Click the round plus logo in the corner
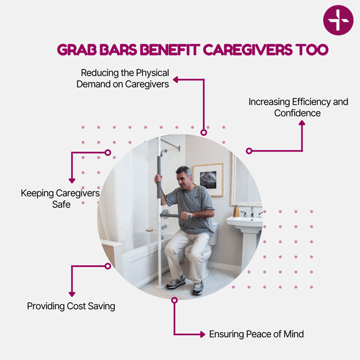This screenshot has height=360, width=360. tap(338, 20)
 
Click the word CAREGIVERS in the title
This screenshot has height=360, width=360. tap(248, 50)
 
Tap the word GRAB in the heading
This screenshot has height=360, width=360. tap(77, 50)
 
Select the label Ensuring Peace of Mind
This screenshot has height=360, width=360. tap(257, 334)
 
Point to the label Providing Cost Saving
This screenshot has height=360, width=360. tap(71, 306)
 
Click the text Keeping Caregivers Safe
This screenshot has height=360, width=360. tap(61, 199)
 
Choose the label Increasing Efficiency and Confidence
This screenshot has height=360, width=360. tap(298, 107)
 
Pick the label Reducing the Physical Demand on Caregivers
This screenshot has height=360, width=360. tap(123, 78)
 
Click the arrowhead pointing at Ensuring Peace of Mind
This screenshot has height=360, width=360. tap(203, 334)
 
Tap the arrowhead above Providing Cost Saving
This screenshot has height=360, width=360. tap(72, 294)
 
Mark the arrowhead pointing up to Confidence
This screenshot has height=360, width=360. tap(302, 123)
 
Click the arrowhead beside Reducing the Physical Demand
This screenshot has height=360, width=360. tap(176, 80)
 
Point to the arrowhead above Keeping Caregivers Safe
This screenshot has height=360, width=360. tap(72, 181)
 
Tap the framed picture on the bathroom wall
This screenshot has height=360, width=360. tap(208, 180)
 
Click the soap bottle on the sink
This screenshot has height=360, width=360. tap(236, 211)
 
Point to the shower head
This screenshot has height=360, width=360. tap(163, 152)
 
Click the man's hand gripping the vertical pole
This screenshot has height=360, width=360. tap(158, 179)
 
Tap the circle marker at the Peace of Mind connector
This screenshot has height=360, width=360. tap(175, 300)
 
